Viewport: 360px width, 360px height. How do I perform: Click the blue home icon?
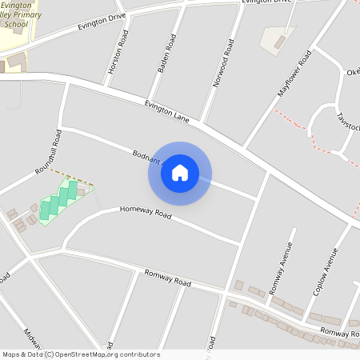pos(180,173)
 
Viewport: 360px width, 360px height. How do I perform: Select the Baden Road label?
pos(164,54)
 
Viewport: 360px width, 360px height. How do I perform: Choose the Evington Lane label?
pos(166,111)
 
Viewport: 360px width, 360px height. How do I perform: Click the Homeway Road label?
pos(146,213)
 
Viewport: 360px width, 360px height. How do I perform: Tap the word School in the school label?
pos(15,25)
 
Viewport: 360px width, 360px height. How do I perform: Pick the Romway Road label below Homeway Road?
pos(168,278)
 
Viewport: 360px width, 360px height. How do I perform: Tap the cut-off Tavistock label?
pos(347,123)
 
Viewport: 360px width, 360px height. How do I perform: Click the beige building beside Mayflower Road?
pos(277,38)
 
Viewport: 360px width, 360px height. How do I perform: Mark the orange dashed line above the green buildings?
pos(72,177)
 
